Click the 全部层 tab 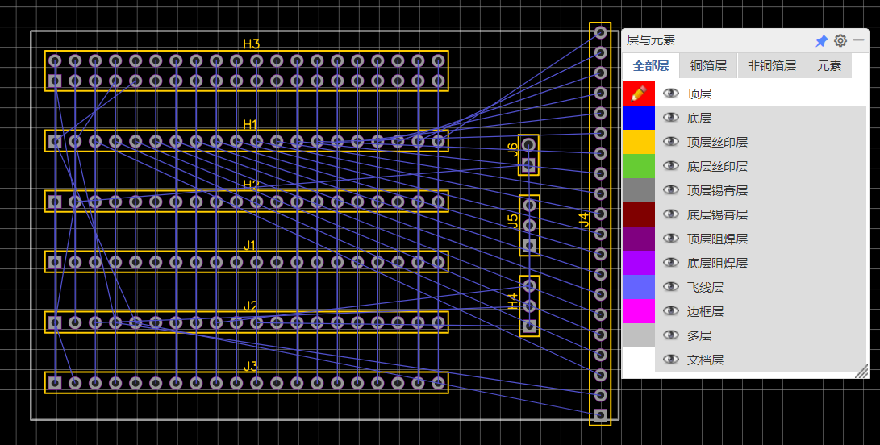(651, 66)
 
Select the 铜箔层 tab (708, 66)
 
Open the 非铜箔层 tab (772, 66)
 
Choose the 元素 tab (829, 66)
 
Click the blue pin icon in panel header (821, 40)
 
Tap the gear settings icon (840, 40)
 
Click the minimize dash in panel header (859, 40)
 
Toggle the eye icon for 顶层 (670, 94)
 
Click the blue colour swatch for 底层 (638, 118)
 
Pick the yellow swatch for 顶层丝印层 (638, 142)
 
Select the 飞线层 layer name (705, 287)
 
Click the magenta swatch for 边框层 (638, 311)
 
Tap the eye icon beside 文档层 (670, 360)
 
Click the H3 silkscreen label (252, 44)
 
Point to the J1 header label (250, 245)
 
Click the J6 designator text (513, 148)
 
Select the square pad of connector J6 (528, 165)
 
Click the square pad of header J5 (529, 245)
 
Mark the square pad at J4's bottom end (599, 414)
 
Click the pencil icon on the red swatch (638, 94)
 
